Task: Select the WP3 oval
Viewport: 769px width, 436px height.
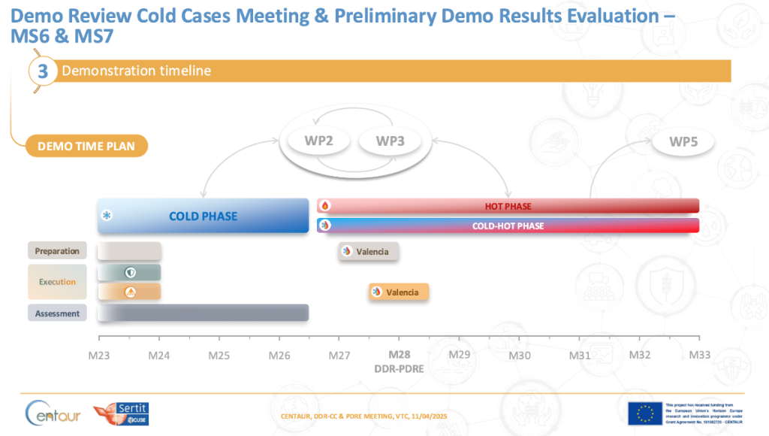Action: click(x=390, y=141)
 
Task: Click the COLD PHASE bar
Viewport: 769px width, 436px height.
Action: click(x=203, y=216)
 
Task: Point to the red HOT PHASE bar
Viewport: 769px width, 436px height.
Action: click(x=508, y=206)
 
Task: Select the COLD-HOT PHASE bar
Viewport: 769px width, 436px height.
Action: click(x=508, y=226)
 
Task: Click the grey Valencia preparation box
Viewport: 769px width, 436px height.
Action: click(x=368, y=252)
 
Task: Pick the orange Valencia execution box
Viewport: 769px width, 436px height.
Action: click(x=398, y=292)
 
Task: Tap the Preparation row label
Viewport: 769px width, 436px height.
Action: click(x=57, y=251)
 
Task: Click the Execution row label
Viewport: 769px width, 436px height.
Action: click(x=57, y=282)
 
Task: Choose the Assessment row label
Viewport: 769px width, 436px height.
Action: click(x=57, y=313)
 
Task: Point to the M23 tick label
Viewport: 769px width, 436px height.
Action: click(x=98, y=354)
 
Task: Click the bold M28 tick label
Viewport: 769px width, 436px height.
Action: click(x=399, y=354)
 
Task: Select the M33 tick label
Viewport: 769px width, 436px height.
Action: click(x=700, y=354)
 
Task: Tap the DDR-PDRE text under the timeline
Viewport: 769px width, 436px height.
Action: click(x=399, y=369)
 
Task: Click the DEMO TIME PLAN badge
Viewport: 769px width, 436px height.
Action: click(x=86, y=146)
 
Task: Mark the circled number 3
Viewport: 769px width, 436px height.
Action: click(x=43, y=71)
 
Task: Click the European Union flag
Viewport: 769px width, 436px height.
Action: click(x=644, y=413)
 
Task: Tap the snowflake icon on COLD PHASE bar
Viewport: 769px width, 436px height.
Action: click(x=107, y=216)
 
